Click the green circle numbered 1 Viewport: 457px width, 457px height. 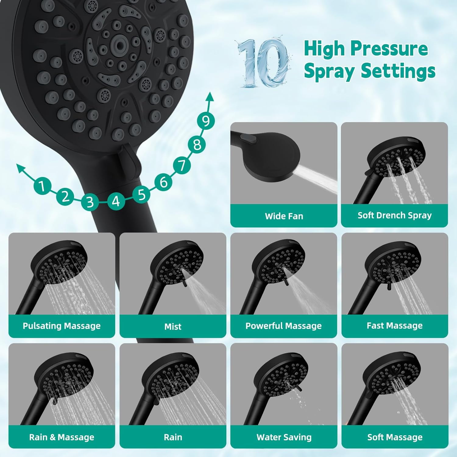coord(42,186)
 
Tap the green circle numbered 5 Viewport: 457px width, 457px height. coord(141,194)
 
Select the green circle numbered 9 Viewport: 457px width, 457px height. coord(206,121)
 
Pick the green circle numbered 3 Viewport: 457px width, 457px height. coord(90,202)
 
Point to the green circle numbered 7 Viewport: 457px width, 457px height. coord(182,166)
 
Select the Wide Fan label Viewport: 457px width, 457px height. coord(284,216)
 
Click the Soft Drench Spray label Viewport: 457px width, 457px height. coord(395,215)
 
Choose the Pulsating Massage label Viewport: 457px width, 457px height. coord(62,326)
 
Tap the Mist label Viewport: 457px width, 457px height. coord(173,326)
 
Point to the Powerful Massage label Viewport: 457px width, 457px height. coord(284,326)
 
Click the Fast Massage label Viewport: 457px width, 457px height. coord(395,325)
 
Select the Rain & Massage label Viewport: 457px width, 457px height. coord(62,437)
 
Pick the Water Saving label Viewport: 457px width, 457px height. coord(284,437)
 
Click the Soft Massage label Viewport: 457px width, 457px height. coord(395,437)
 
